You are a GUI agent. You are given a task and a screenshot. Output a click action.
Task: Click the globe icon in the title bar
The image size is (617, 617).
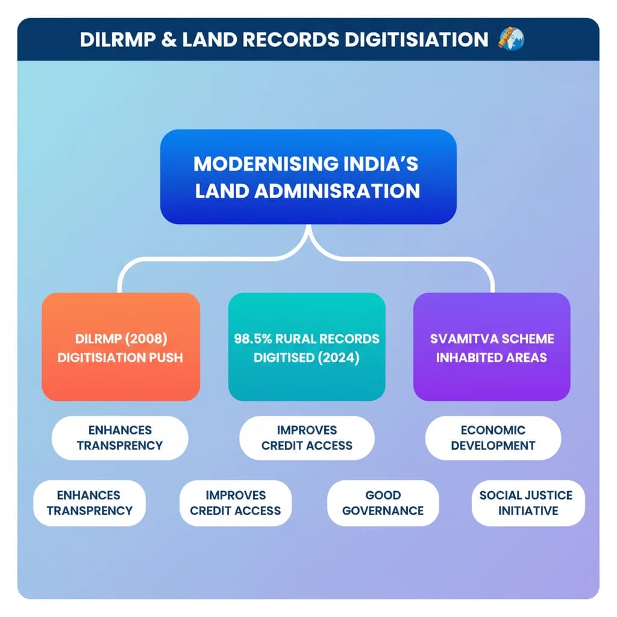(512, 40)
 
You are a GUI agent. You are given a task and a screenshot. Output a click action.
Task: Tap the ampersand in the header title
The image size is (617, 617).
(166, 40)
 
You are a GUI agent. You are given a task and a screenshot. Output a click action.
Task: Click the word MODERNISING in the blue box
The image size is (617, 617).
(258, 164)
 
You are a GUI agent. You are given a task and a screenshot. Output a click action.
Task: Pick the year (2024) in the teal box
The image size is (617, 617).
(337, 357)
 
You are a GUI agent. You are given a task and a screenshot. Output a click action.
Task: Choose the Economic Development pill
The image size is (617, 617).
(493, 438)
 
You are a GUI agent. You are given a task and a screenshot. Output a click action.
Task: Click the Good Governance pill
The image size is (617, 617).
(383, 503)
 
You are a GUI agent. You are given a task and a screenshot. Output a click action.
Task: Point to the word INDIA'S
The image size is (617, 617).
(383, 164)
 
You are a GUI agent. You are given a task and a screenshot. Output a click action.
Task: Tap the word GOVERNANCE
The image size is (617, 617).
(383, 511)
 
